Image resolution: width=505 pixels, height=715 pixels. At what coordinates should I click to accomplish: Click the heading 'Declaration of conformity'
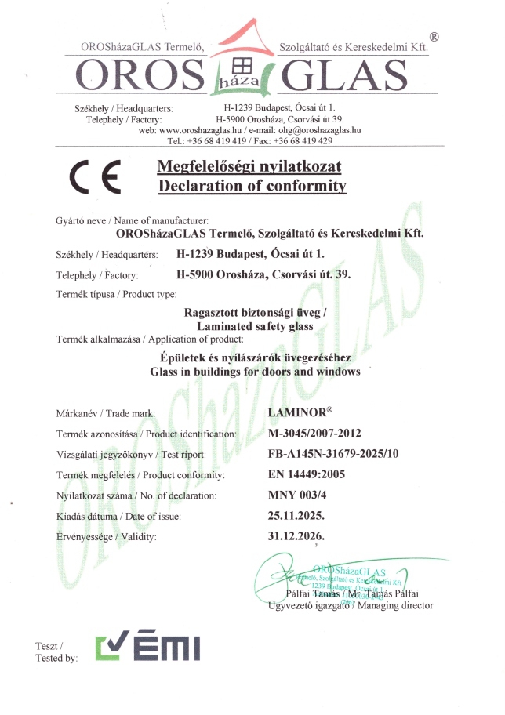(x=252, y=186)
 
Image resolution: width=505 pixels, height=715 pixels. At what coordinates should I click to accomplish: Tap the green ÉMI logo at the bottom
(x=148, y=648)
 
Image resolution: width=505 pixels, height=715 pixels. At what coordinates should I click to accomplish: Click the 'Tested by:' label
(x=56, y=659)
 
